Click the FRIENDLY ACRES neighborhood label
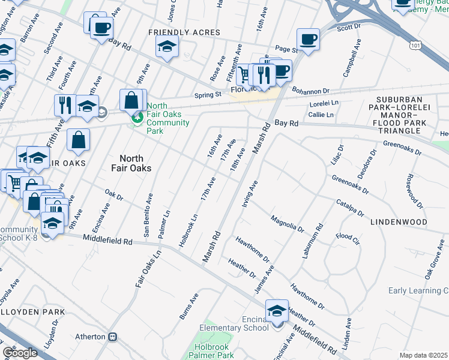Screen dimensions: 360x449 click(x=185, y=32)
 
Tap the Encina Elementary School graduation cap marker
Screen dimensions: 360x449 click(x=277, y=311)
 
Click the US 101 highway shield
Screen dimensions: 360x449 click(x=415, y=45)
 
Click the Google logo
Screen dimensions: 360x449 click(x=20, y=353)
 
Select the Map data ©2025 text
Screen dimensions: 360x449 click(x=424, y=355)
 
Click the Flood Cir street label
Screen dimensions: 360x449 click(x=348, y=236)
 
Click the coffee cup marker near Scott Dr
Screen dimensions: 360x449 click(x=308, y=40)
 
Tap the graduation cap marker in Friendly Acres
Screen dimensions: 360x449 click(x=167, y=46)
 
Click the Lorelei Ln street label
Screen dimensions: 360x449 click(x=324, y=103)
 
